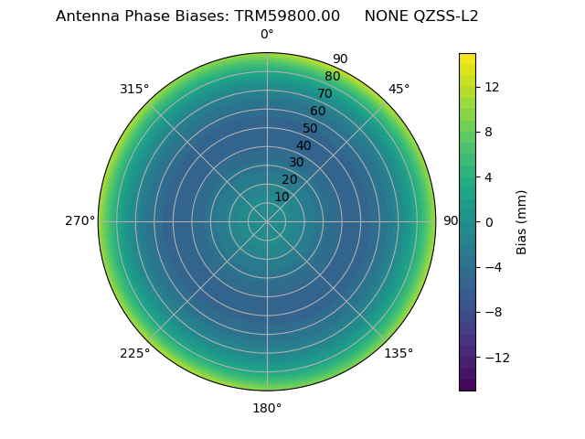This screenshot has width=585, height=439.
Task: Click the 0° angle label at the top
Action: (267, 35)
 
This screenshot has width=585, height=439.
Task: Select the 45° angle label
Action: (399, 89)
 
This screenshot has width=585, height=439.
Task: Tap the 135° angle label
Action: (399, 353)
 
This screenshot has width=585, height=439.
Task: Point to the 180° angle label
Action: (267, 408)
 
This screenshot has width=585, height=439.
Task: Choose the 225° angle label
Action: (134, 353)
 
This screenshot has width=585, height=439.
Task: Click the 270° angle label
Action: (80, 220)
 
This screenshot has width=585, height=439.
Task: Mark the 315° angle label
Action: (134, 89)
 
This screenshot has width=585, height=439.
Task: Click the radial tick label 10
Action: (282, 197)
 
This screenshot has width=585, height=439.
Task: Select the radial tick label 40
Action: (303, 145)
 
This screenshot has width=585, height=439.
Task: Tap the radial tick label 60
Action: (317, 111)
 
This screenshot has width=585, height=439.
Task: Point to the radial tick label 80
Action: (332, 76)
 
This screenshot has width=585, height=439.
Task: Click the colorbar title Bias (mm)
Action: (522, 221)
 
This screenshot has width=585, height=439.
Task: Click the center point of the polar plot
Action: (267, 221)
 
